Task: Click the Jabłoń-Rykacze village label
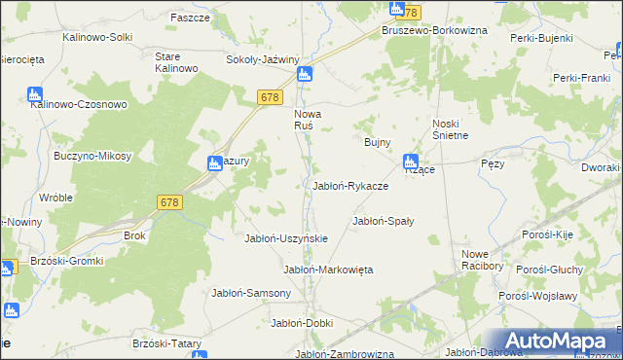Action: click(350, 186)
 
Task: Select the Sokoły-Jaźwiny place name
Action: click(262, 59)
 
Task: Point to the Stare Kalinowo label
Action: click(177, 62)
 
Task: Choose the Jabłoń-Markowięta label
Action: click(328, 270)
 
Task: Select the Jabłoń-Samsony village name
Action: click(251, 293)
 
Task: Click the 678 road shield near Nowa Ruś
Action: click(271, 97)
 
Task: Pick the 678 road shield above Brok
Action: click(169, 201)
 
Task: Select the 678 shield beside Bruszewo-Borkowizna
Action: click(409, 13)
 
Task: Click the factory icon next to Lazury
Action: click(216, 164)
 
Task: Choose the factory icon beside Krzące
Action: click(411, 162)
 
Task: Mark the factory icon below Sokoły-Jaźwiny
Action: click(305, 74)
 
